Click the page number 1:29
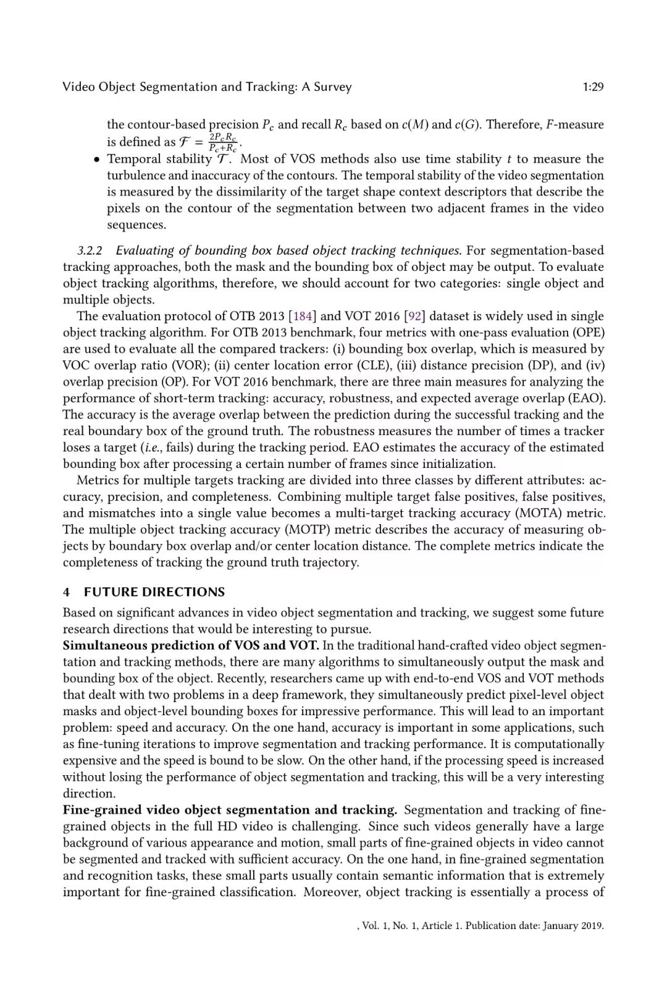(x=593, y=87)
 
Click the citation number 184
(x=303, y=316)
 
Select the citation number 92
(x=414, y=316)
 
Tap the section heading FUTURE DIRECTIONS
(x=154, y=592)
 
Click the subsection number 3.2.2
(x=90, y=251)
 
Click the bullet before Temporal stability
(x=97, y=160)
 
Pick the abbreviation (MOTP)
(x=307, y=530)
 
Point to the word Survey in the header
(x=332, y=87)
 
